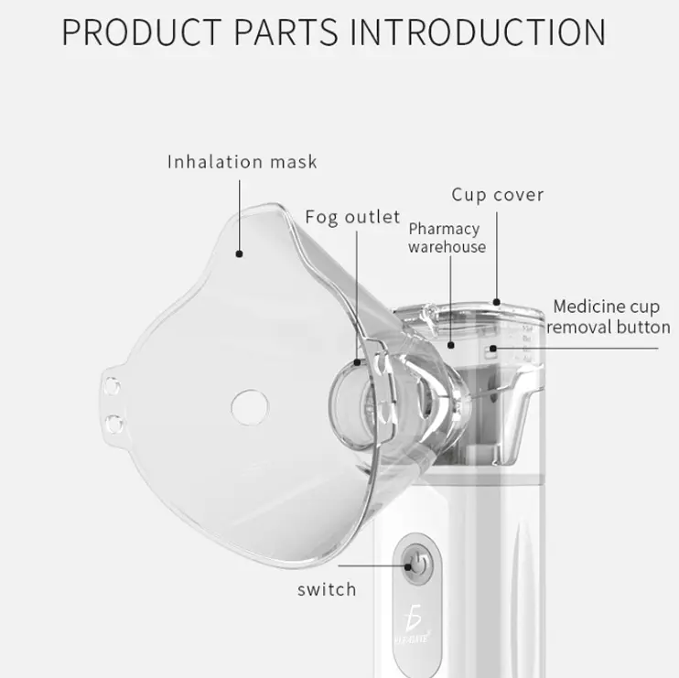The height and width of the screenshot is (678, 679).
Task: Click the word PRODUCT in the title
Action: click(142, 32)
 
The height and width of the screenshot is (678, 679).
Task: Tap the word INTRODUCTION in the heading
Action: click(478, 32)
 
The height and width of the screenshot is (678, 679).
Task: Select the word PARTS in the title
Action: click(286, 32)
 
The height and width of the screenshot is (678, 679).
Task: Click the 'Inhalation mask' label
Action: click(242, 161)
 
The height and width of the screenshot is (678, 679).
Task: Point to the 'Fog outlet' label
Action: click(352, 217)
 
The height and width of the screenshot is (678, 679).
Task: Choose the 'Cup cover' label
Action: click(498, 194)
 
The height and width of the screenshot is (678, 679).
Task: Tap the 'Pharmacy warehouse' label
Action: click(447, 238)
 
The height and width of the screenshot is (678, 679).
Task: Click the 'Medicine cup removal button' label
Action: click(609, 317)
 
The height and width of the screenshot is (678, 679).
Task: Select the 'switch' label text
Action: click(327, 589)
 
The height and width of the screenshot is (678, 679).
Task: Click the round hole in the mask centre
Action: click(250, 407)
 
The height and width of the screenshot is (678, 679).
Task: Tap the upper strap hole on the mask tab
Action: click(112, 386)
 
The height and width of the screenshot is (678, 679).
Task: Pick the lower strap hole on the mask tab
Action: click(114, 424)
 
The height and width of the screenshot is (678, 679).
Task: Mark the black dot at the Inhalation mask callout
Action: click(239, 253)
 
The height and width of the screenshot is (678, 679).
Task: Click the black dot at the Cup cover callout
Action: click(497, 302)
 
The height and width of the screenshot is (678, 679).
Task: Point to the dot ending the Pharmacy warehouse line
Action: click(451, 345)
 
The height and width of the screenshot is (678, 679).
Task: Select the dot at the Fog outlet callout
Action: click(357, 362)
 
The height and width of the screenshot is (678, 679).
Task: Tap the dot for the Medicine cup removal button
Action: click(493, 348)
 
